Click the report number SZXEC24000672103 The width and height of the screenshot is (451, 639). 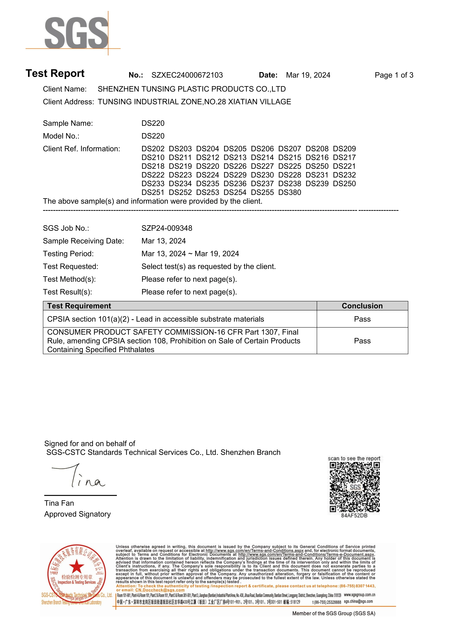pyautogui.click(x=187, y=75)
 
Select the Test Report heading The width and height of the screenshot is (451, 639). pyautogui.click(x=55, y=73)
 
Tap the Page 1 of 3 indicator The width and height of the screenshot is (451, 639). pyautogui.click(x=394, y=75)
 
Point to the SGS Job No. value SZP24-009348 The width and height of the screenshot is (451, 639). pyautogui.click(x=167, y=228)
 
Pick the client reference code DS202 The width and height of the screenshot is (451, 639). pyautogui.click(x=153, y=149)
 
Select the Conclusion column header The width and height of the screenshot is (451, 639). pyautogui.click(x=362, y=306)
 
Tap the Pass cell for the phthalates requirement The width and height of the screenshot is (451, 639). pyautogui.click(x=362, y=341)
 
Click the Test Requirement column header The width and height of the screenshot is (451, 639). pyautogui.click(x=79, y=306)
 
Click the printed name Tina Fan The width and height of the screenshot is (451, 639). pyautogui.click(x=59, y=503)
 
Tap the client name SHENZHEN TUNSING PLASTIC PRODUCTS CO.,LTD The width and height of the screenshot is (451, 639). pyautogui.click(x=192, y=89)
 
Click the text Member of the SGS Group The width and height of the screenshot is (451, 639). pyautogui.click(x=333, y=613)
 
